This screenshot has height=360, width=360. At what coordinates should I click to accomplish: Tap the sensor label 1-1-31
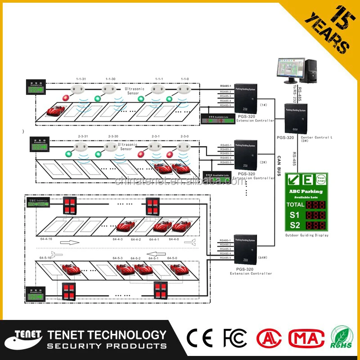[81, 79]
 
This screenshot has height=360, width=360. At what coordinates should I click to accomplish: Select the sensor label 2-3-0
[184, 136]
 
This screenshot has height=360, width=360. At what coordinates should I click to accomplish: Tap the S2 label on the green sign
[294, 225]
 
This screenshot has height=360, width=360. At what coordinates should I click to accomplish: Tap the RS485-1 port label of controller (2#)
[225, 145]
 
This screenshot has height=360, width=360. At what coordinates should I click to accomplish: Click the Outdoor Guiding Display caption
[307, 235]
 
